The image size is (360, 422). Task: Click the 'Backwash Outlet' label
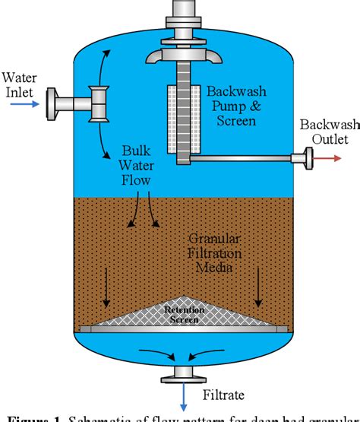[x=324, y=132]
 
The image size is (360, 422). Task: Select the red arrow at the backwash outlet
[x=333, y=159]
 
